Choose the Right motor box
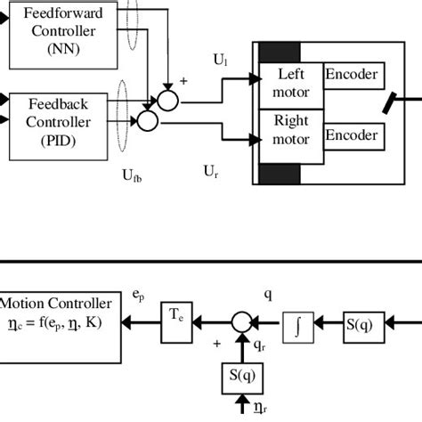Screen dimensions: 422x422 click(x=291, y=131)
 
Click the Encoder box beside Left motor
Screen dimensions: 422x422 click(x=353, y=76)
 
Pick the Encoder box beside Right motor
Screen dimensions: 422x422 click(x=353, y=136)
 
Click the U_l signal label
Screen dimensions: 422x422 click(x=220, y=60)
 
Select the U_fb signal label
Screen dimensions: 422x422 click(x=132, y=176)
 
